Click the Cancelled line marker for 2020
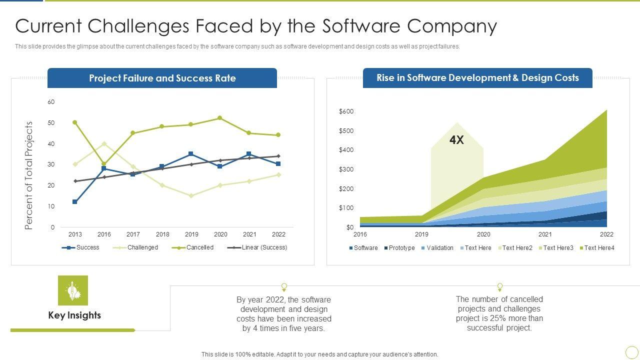tap(220, 118)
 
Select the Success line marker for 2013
tap(75, 202)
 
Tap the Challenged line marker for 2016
tap(104, 143)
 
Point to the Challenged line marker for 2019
tap(191, 195)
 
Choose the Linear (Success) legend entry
tap(257, 247)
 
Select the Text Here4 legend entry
tap(596, 248)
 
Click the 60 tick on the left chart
tap(51, 102)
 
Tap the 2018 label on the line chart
tap(162, 234)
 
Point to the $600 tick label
tap(346, 111)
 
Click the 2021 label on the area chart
tap(545, 234)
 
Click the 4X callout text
tap(456, 140)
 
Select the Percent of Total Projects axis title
tap(29, 175)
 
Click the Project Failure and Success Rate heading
tap(162, 78)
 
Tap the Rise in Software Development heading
tap(477, 78)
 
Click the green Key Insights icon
tap(73, 290)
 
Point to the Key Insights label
tap(74, 315)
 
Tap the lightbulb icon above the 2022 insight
tap(284, 287)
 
